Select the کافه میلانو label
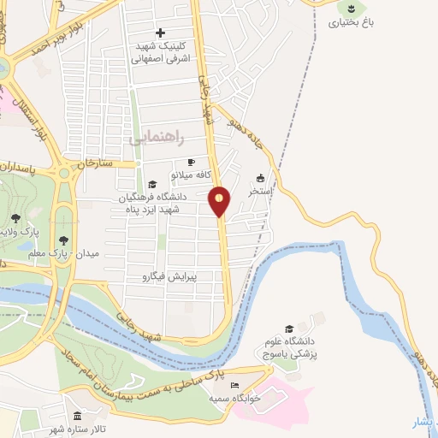191,174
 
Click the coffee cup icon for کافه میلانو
191,162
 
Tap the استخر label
260,192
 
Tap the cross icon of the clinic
159,33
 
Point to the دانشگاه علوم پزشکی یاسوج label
289,349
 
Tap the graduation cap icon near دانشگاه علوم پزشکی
289,329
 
